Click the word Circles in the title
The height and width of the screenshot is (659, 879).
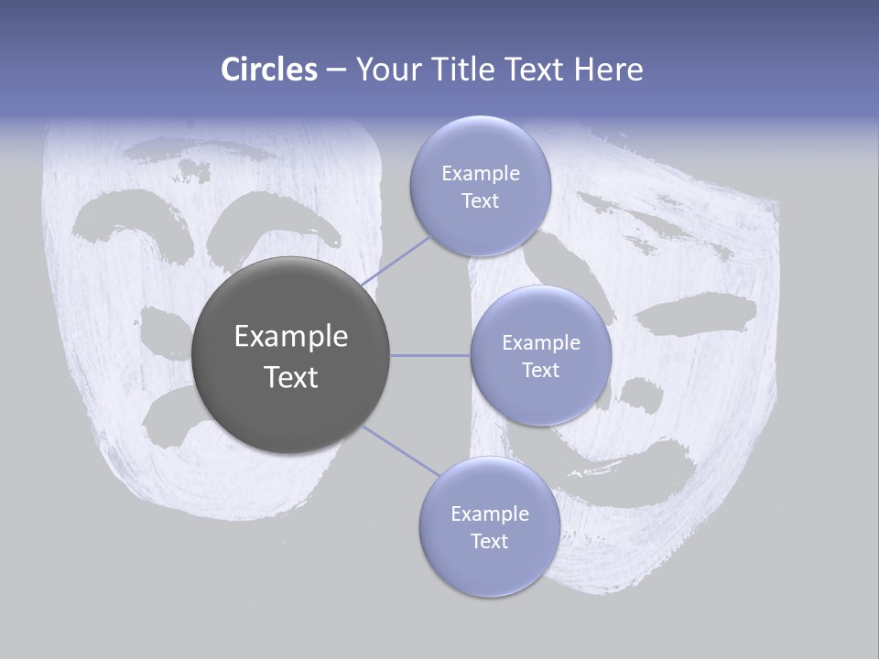(x=268, y=70)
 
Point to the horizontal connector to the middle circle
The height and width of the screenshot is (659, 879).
(x=430, y=355)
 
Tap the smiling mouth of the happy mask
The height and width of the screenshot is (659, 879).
(x=641, y=462)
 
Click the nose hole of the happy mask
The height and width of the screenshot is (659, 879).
(x=641, y=392)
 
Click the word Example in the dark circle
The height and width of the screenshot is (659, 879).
(x=290, y=337)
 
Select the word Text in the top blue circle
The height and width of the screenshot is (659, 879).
(x=480, y=201)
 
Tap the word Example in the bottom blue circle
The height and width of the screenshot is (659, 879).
(x=489, y=513)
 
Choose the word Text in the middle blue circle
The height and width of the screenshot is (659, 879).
(x=540, y=370)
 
